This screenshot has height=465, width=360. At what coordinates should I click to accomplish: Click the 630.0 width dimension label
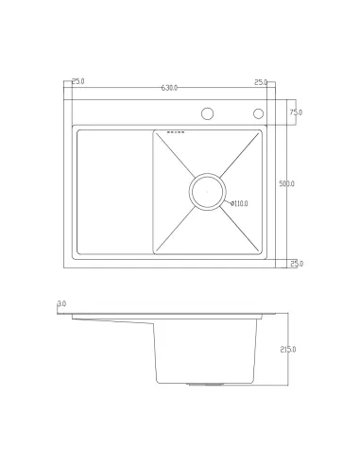tap(169, 88)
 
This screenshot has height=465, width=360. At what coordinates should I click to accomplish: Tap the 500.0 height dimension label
tap(286, 183)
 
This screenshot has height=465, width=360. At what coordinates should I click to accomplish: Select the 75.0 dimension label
tap(296, 112)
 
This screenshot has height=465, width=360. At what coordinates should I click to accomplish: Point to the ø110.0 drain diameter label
tap(239, 203)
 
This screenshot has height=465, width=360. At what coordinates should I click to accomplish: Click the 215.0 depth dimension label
tap(288, 350)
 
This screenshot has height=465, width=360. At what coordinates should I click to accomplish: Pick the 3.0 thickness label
tap(61, 303)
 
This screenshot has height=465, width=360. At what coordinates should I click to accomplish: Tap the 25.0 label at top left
tap(78, 81)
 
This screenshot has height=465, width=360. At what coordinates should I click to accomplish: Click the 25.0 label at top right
tap(261, 82)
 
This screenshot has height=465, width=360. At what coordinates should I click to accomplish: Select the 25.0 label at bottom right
tap(297, 264)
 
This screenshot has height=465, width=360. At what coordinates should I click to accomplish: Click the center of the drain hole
tap(207, 192)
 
